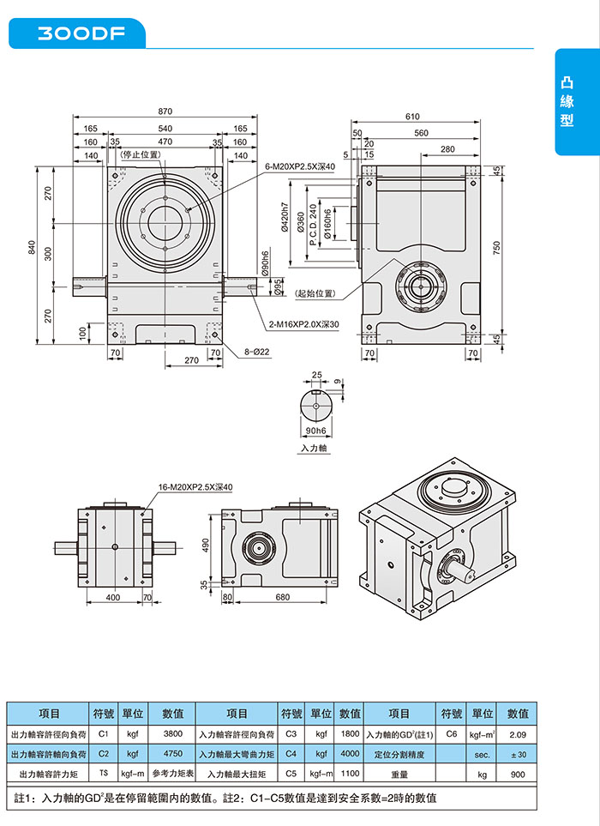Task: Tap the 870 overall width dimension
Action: point(165,112)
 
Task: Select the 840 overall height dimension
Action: point(33,248)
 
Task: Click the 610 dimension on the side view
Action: point(413,116)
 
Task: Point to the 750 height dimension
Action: point(496,247)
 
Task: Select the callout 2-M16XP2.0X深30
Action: point(304,324)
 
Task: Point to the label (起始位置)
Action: point(314,294)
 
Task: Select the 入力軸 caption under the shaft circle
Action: point(315,449)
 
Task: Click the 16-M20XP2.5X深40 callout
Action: point(195,487)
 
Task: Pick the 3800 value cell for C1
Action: point(173,734)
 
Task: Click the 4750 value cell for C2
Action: point(173,754)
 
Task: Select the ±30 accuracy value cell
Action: point(517,754)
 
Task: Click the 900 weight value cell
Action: point(517,774)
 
